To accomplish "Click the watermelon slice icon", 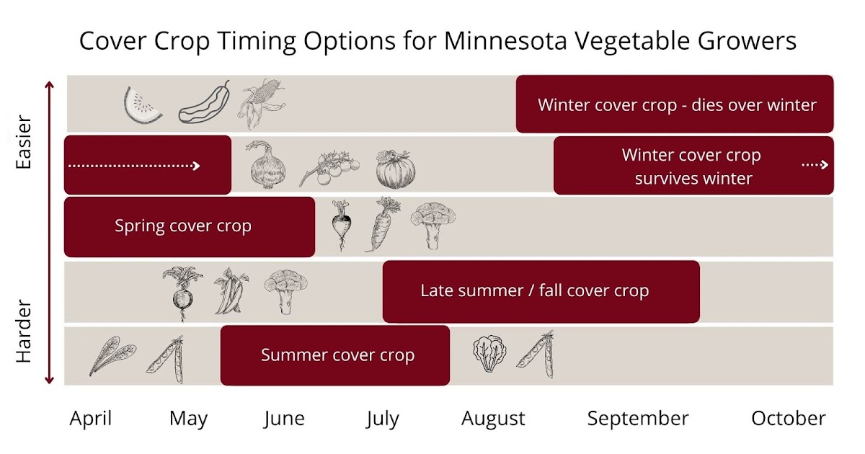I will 143,105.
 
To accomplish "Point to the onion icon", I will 267,166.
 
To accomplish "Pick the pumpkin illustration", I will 396,169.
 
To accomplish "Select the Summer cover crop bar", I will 335,355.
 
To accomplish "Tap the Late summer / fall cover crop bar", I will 541,291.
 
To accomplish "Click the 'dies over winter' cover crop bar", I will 675,105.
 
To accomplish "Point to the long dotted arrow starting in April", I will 134,166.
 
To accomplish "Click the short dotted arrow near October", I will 815,165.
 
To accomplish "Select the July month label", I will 382,419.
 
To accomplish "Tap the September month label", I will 638,419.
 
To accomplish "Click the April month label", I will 91,419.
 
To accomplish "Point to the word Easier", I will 25,141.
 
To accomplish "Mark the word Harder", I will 25,331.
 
